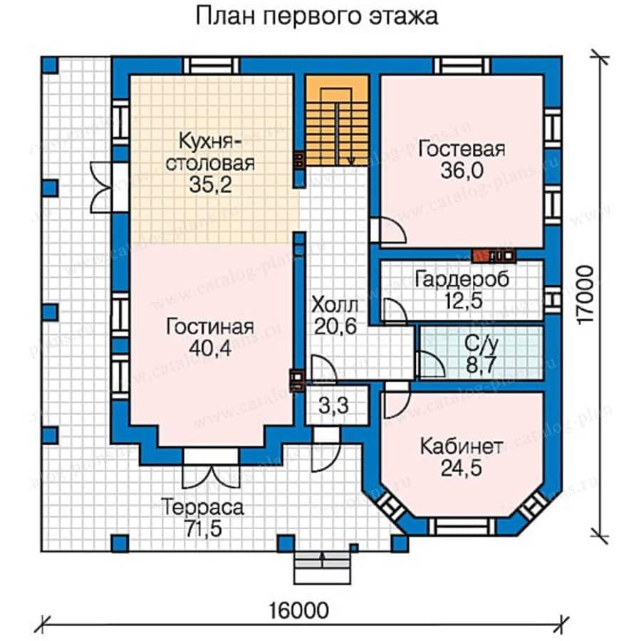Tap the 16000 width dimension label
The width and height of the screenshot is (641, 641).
[299, 610]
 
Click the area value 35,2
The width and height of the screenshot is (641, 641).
[211, 184]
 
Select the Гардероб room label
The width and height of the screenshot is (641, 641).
[462, 279]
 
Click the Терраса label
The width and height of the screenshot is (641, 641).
[202, 508]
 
